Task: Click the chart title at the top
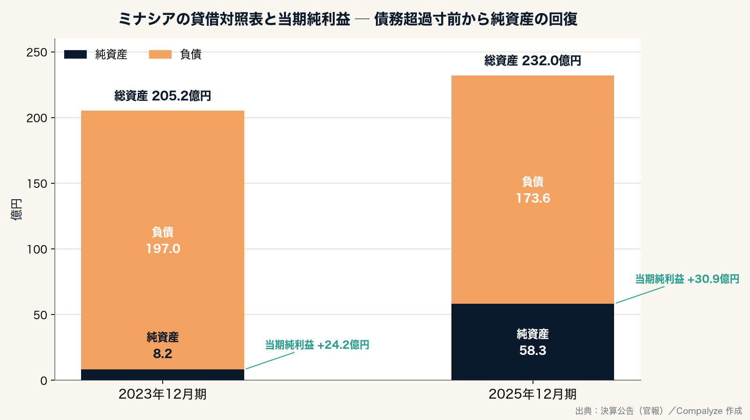[348, 19]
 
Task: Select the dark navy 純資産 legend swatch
[75, 54]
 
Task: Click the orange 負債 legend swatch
[160, 54]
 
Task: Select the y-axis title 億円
[16, 210]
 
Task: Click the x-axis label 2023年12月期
[162, 394]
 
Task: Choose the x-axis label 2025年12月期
[532, 394]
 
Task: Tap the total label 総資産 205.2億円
[163, 96]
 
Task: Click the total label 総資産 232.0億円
[532, 60]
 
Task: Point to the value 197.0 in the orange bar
[163, 248]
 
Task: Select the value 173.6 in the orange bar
[533, 198]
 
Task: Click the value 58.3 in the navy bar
[532, 350]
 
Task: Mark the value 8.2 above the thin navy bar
[163, 354]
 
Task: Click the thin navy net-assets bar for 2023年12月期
[163, 375]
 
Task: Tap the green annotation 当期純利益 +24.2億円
[317, 345]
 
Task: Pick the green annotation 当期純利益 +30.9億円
[687, 279]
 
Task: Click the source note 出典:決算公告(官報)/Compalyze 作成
[659, 411]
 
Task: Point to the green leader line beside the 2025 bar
[640, 295]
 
